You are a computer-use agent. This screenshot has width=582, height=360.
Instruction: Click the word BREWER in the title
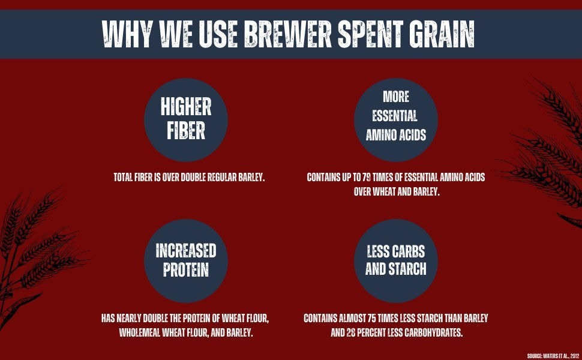point(287,34)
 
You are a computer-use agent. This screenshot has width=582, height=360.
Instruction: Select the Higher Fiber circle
point(186,120)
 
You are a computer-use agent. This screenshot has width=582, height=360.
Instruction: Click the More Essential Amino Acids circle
point(395,120)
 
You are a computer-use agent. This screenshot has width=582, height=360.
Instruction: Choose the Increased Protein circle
point(186,260)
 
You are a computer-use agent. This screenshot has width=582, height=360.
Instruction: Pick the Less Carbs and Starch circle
point(395,260)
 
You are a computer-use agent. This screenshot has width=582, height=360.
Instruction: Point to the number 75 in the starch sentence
point(372,318)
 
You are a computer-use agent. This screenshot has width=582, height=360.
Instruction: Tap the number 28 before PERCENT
point(351,332)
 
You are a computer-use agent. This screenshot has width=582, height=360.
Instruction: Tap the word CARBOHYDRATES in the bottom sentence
point(434,332)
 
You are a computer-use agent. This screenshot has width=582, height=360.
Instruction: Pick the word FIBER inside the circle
point(186,131)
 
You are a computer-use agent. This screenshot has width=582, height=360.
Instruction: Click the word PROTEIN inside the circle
point(186,270)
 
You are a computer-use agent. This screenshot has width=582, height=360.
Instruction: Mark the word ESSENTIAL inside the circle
point(395,116)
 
